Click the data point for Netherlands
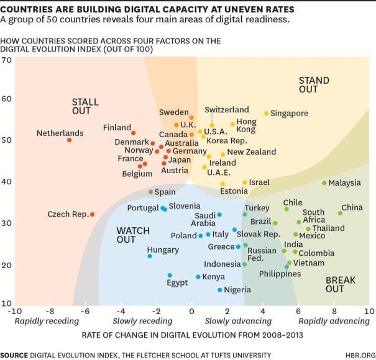[69, 140]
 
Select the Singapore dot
[267, 114]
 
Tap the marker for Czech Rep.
[92, 215]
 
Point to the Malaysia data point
[324, 183]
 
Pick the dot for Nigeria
[220, 290]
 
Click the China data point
[340, 213]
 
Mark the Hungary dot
[150, 256]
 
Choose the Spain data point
[150, 192]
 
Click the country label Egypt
[177, 283]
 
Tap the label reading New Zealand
[251, 152]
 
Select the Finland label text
[117, 128]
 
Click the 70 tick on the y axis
[7, 60]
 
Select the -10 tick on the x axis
[14, 310]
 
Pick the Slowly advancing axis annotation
[234, 321]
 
